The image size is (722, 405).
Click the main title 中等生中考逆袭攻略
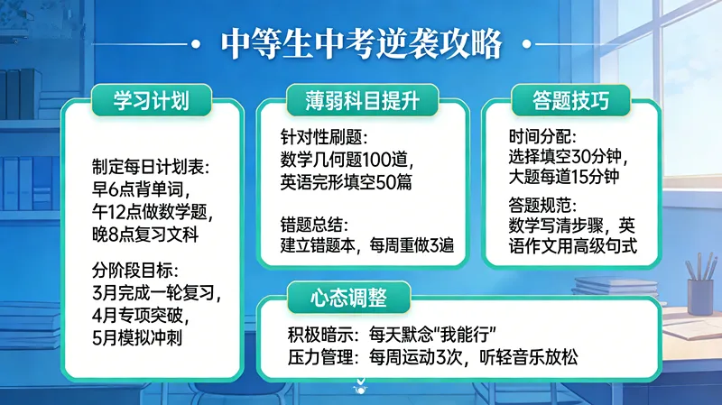point(361,42)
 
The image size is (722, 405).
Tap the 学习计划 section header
point(152,99)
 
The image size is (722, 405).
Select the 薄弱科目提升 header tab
point(361,99)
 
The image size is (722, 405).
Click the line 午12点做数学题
point(150,213)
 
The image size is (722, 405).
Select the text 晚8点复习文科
point(144,235)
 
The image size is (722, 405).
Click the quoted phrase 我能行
point(436,334)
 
